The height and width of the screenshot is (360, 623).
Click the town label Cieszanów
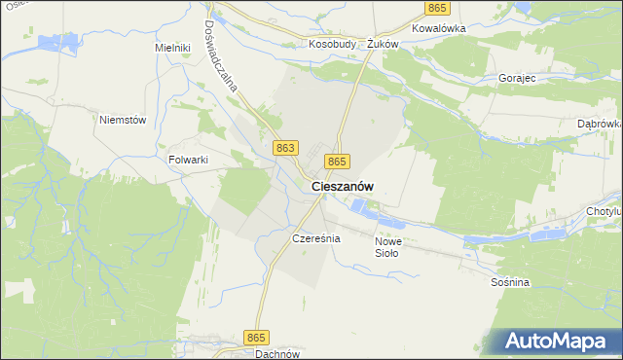[x=343, y=186]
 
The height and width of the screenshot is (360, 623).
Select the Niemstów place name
[x=123, y=120]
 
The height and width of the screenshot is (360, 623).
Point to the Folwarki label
[x=190, y=160]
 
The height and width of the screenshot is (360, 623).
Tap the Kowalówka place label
[x=439, y=28]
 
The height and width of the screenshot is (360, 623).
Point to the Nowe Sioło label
[x=387, y=247]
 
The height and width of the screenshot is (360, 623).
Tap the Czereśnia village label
[x=314, y=237]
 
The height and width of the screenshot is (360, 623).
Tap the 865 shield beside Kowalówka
[x=437, y=8]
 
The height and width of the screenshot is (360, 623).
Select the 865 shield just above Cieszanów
[x=337, y=161]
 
